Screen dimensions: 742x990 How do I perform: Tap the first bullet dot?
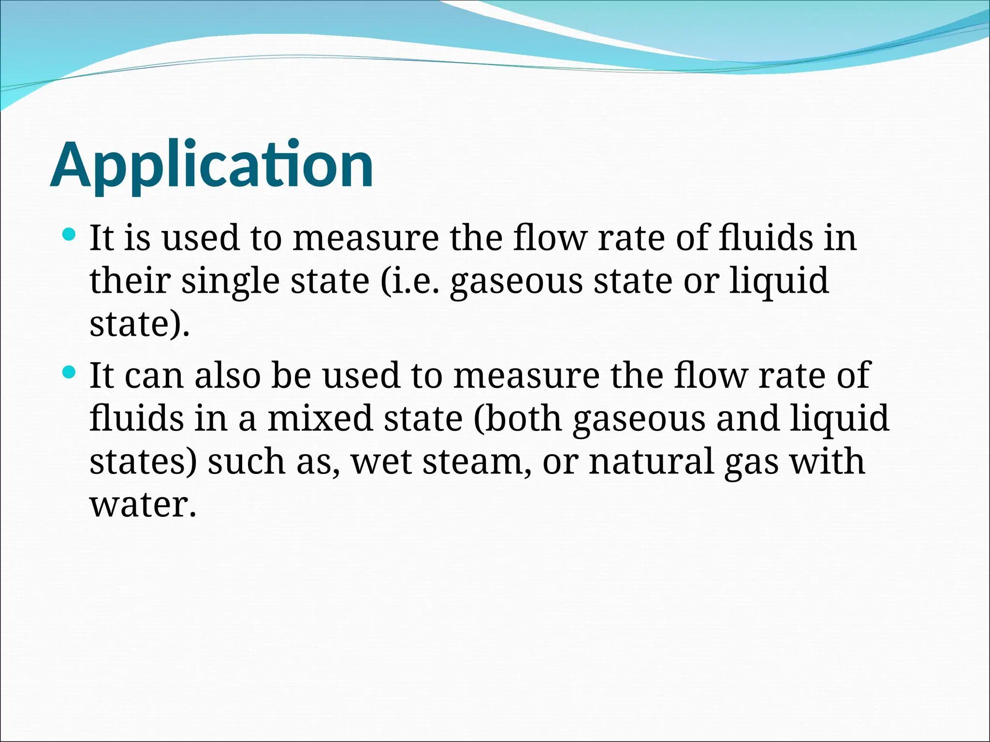[70, 235]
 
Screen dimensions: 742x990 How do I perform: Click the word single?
[230, 281]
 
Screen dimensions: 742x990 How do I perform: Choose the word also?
[227, 375]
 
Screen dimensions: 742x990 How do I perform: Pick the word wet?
[382, 461]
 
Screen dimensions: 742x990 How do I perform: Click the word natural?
[651, 461]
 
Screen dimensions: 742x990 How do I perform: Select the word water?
[143, 504]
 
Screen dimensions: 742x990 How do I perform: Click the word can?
[154, 376]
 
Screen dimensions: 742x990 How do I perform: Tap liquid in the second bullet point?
[840, 418]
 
